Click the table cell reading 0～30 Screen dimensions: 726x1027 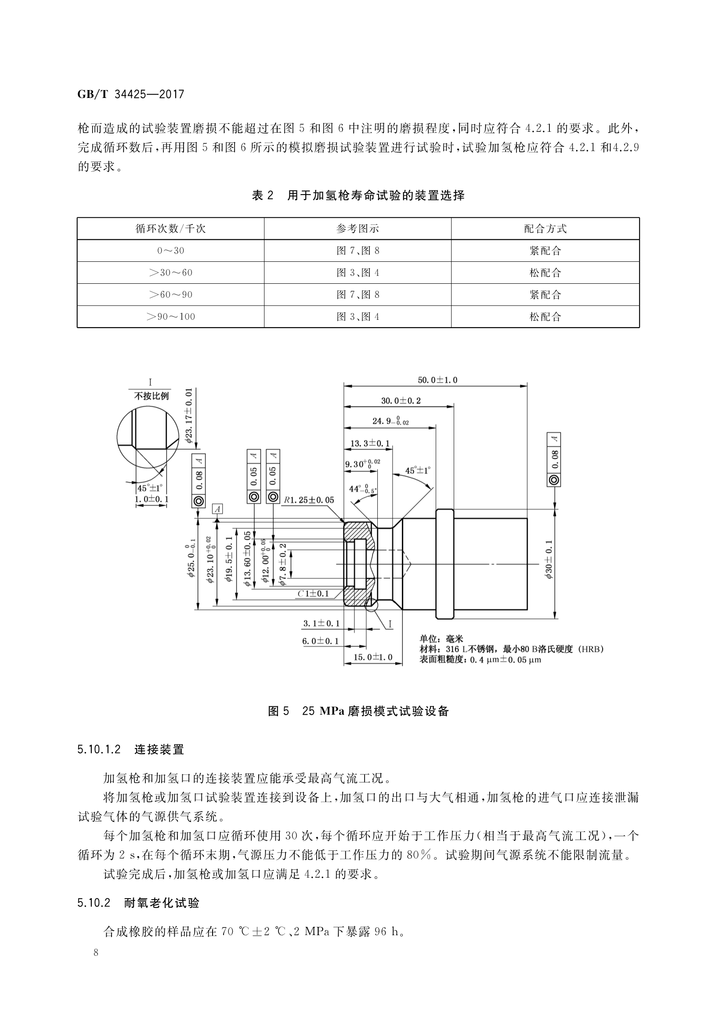click(170, 250)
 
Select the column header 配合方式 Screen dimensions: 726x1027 click(545, 229)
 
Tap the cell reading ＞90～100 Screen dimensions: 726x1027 click(170, 317)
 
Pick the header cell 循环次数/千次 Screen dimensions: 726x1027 click(170, 229)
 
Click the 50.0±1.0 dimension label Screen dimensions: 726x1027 click(437, 380)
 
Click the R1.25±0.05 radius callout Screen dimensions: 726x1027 click(309, 499)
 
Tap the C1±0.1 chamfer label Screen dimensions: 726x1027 click(313, 593)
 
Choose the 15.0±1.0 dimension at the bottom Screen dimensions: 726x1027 click(372, 657)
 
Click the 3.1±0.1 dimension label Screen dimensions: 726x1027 click(321, 623)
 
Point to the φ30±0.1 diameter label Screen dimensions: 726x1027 click(549, 559)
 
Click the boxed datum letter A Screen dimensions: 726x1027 click(217, 509)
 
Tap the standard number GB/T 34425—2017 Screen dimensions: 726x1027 click(130, 94)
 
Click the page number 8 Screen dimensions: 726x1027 click(96, 965)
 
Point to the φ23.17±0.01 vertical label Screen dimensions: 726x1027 click(188, 415)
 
